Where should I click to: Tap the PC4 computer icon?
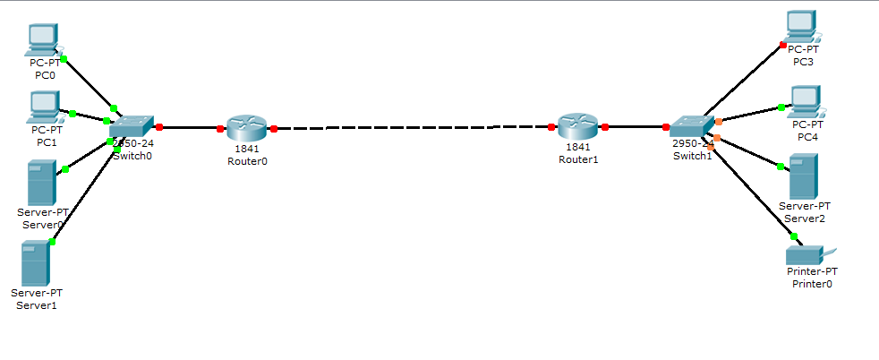pos(805,101)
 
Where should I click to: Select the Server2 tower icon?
pos(803,176)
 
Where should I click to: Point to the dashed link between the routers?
pos(412,128)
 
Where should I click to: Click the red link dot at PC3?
pos(783,44)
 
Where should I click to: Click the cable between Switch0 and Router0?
pos(189,128)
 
